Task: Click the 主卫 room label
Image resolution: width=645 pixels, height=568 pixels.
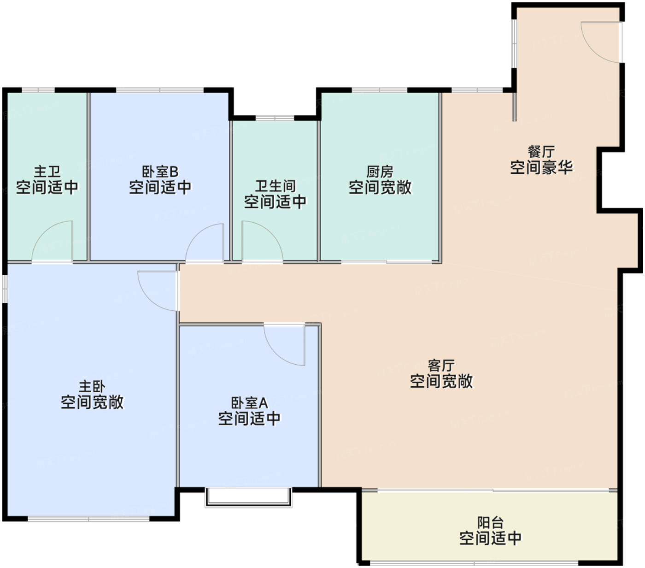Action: pos(47,172)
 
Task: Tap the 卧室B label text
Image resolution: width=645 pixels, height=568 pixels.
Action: pos(160,172)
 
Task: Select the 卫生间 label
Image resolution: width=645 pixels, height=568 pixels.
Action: pos(275,186)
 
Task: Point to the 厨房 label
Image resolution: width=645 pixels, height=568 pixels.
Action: pos(380,172)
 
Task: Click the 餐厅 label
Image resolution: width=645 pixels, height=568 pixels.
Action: pos(541,152)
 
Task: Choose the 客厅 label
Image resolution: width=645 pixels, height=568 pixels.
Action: pos(441,365)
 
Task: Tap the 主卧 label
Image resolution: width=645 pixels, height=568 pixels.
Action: pos(92,386)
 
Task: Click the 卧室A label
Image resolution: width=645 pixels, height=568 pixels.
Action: pos(249,403)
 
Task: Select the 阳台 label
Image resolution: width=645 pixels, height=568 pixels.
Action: pos(490,523)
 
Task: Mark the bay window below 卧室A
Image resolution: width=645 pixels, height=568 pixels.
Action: pos(248,497)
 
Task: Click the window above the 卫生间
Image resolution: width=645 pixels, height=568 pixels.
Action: pos(275,118)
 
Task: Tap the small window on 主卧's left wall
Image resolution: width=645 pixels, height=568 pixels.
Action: pos(5,289)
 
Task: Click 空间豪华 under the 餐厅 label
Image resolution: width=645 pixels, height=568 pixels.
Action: pos(541,167)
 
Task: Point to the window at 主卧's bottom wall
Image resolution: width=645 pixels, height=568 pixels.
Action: pos(88,519)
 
